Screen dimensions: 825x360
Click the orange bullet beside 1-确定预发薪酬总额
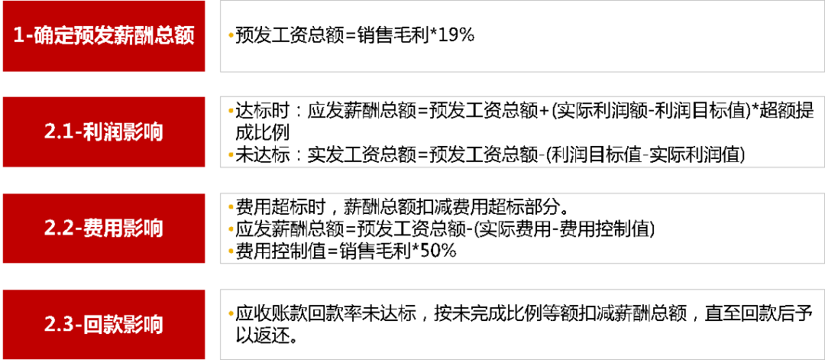click(x=231, y=35)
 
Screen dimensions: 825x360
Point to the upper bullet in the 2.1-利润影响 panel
click(x=231, y=110)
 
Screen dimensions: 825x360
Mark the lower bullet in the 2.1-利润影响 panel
click(x=231, y=154)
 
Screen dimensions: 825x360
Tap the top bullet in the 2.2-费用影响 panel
click(x=231, y=206)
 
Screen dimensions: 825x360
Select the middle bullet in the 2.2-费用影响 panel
click(x=231, y=228)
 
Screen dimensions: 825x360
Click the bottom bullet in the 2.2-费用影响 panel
click(x=231, y=250)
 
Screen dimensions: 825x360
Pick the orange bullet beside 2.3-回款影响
click(x=231, y=313)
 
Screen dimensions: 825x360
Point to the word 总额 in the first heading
click(x=175, y=36)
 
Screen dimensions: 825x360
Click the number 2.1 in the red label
click(x=58, y=131)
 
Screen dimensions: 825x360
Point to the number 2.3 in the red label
click(x=58, y=324)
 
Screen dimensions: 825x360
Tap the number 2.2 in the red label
click(x=58, y=228)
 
